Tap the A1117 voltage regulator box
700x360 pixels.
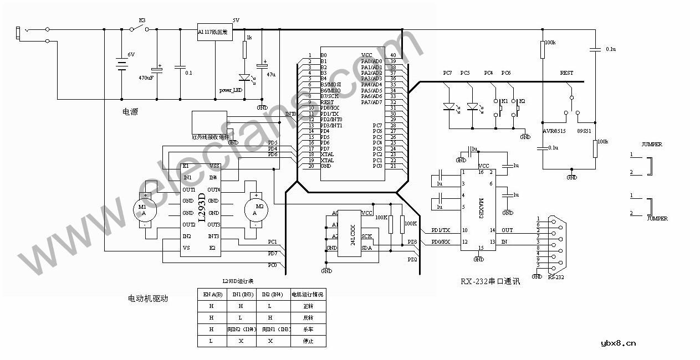click(215, 33)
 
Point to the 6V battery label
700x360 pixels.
click(131, 54)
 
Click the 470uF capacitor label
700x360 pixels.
click(146, 78)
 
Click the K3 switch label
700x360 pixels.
click(142, 20)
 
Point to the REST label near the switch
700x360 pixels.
click(566, 73)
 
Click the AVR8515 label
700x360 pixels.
click(554, 131)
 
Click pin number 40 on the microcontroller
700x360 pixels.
click(393, 55)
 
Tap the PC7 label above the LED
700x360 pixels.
click(447, 73)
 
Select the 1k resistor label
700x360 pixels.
click(249, 38)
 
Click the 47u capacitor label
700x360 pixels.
click(271, 74)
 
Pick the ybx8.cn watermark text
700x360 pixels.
click(618, 343)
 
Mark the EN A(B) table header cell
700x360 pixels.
click(213, 295)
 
